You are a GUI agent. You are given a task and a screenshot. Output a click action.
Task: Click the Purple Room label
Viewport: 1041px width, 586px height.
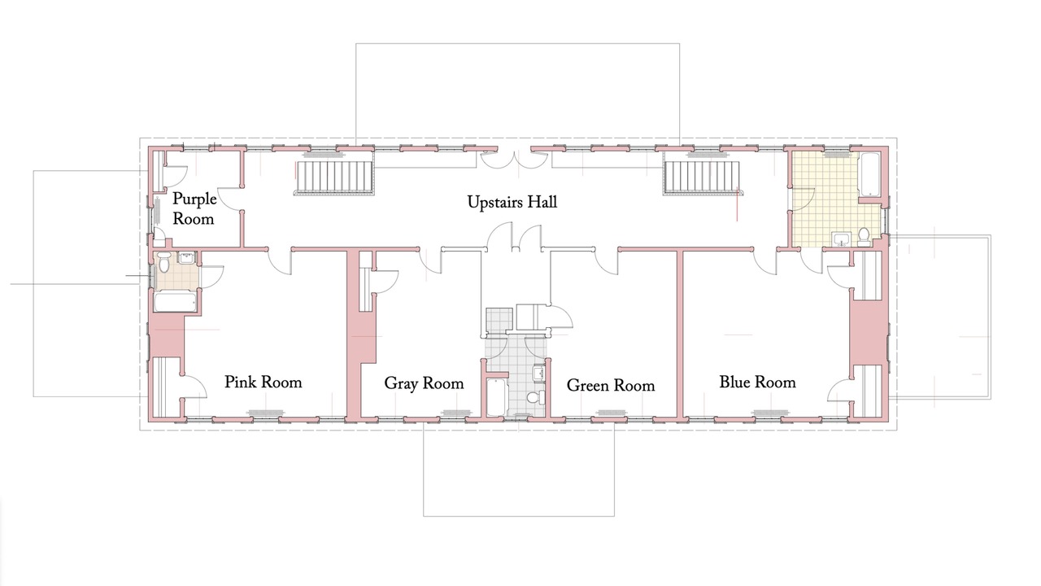click(194, 209)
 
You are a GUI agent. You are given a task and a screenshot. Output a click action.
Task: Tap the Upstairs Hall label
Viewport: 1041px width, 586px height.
click(512, 203)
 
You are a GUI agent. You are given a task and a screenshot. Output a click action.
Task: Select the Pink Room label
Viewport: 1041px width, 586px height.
click(263, 383)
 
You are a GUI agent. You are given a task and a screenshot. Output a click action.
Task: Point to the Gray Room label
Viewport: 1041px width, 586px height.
click(424, 383)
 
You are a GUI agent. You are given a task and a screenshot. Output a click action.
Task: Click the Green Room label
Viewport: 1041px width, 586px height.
click(611, 386)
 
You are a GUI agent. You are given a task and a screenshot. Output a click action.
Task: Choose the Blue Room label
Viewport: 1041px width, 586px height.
click(757, 383)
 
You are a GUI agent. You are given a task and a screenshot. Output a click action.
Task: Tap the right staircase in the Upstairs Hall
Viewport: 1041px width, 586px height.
click(702, 177)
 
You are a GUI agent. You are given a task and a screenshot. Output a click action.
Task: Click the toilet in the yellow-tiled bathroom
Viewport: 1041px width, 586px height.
click(864, 237)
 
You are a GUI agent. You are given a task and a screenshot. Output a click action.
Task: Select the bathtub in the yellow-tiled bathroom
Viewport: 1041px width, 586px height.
click(869, 175)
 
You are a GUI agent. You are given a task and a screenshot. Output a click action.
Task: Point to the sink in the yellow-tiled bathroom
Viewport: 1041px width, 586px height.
click(842, 239)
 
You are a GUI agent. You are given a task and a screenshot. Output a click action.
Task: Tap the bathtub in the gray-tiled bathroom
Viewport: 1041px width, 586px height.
click(496, 397)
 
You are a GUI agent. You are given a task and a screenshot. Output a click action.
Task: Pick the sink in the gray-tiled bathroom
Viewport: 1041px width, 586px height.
click(539, 374)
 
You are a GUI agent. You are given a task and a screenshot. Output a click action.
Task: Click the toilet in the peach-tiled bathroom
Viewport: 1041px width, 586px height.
click(163, 262)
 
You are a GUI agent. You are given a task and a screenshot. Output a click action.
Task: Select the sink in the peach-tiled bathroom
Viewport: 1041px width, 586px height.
click(186, 257)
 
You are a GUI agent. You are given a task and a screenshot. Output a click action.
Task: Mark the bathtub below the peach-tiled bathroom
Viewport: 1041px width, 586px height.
click(175, 302)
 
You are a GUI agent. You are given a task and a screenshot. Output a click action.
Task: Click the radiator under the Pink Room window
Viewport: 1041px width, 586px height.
click(265, 413)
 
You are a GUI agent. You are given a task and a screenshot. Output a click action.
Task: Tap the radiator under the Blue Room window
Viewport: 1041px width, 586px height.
click(770, 413)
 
